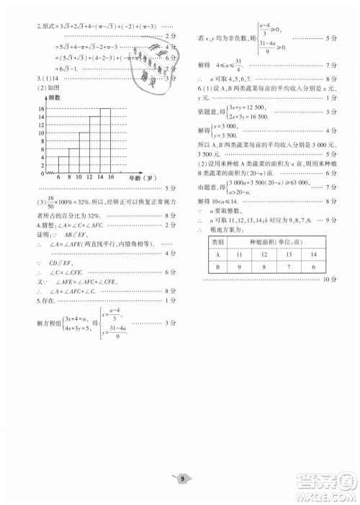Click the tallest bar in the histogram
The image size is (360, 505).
pos(105,139)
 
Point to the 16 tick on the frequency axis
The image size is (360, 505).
pos(42,109)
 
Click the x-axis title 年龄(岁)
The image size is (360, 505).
pos(142,176)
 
